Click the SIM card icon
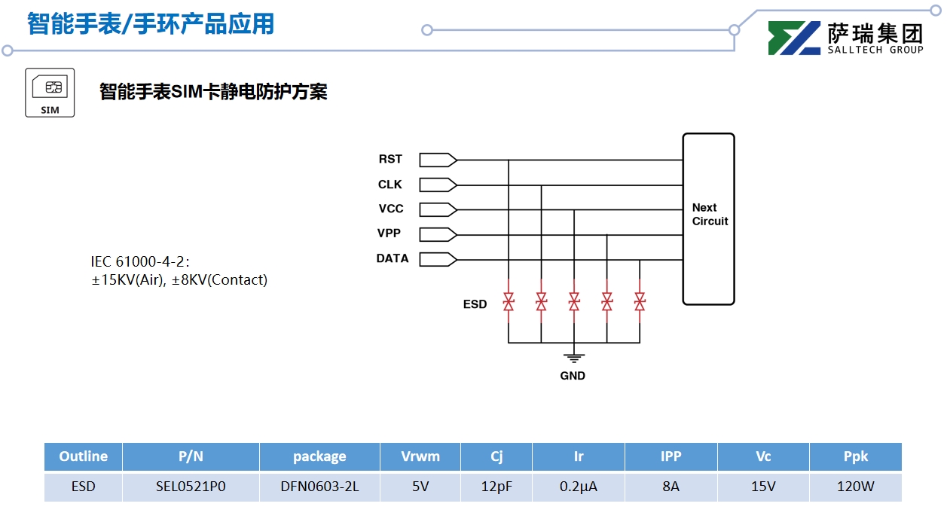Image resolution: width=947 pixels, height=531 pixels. point(50,92)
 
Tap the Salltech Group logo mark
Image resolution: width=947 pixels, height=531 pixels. point(794,38)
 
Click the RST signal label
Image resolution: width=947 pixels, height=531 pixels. point(390,160)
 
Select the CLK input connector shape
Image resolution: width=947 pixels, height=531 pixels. point(438,185)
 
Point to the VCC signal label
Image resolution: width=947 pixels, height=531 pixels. point(391,209)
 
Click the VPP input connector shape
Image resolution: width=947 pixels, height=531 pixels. point(438,233)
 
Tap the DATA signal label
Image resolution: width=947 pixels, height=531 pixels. point(393,258)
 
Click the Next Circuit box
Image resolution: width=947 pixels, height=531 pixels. point(708,218)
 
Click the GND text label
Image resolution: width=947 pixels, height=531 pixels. point(573,376)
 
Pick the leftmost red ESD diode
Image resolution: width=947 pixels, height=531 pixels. point(509,302)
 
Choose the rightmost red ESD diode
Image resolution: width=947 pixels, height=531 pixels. point(640,302)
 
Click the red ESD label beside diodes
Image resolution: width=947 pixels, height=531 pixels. point(475,304)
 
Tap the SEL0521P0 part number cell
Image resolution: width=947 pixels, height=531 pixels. point(191,487)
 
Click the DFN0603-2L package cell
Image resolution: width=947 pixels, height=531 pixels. point(319,487)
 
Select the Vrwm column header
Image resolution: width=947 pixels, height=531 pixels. point(420,456)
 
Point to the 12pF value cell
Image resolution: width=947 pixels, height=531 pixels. point(496,487)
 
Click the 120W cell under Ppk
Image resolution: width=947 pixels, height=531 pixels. point(855,487)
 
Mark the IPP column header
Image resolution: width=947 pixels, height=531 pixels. point(671,456)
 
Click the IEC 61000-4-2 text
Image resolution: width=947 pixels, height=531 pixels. point(140,262)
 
